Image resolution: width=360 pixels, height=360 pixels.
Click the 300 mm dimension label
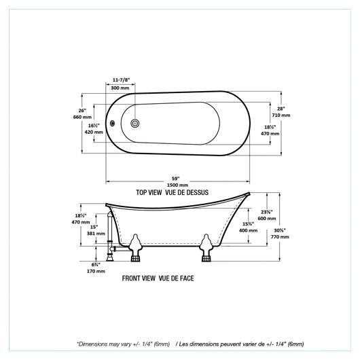pyautogui.click(x=120, y=88)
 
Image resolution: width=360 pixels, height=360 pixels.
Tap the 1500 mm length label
pyautogui.click(x=177, y=185)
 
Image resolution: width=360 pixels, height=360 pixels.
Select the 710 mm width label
pyautogui.click(x=281, y=115)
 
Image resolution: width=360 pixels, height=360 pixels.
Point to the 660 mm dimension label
pyautogui.click(x=82, y=117)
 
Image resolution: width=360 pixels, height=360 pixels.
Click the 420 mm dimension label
pyautogui.click(x=94, y=132)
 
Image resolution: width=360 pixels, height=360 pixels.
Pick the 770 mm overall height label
pyautogui.click(x=280, y=236)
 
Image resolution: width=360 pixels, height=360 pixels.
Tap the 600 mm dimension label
pyautogui.click(x=267, y=218)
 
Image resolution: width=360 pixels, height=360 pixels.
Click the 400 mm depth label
pyautogui.click(x=248, y=230)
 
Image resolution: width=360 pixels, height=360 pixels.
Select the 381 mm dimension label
pyautogui.click(x=96, y=234)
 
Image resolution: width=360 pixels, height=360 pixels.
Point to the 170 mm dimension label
pyautogui.click(x=96, y=271)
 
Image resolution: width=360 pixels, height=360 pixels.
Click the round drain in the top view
pyautogui.click(x=135, y=124)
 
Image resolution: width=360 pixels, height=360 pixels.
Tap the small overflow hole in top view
pyautogui.click(x=112, y=124)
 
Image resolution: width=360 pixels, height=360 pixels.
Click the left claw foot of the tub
pyautogui.click(x=135, y=248)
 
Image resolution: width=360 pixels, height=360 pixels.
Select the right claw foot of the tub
pyautogui.click(x=206, y=248)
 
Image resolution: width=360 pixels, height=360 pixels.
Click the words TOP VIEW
pyautogui.click(x=149, y=192)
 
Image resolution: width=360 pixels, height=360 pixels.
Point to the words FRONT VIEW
pyautogui.click(x=139, y=278)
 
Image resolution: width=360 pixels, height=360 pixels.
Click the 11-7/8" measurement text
pyautogui.click(x=121, y=80)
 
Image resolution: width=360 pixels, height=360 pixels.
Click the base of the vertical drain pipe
pyautogui.click(x=110, y=258)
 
